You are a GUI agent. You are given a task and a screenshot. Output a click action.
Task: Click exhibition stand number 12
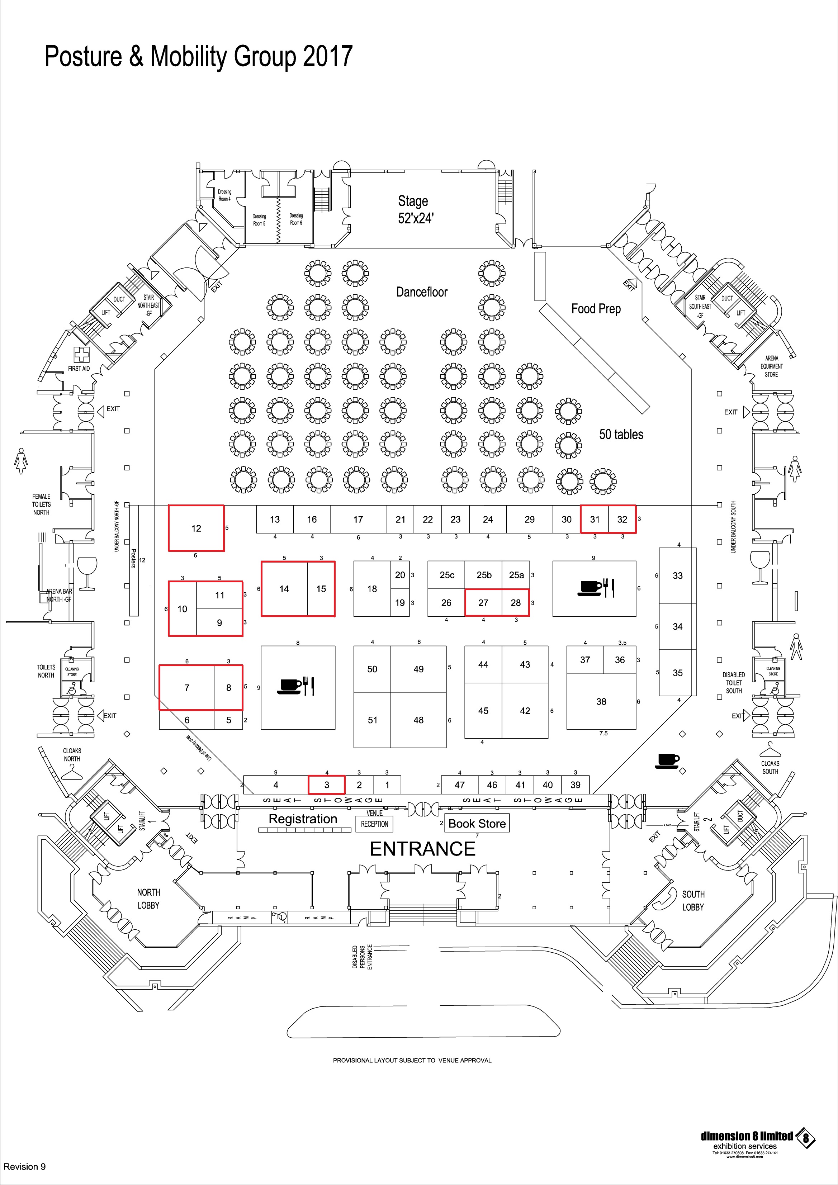[196, 528]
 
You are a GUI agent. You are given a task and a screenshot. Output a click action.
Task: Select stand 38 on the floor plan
[601, 701]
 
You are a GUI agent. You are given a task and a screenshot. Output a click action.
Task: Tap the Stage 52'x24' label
[413, 209]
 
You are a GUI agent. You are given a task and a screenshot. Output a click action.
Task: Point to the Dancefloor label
[422, 292]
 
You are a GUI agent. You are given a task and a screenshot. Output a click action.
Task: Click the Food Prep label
[596, 309]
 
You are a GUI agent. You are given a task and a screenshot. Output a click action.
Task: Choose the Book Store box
[477, 823]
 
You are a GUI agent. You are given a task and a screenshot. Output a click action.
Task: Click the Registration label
[303, 819]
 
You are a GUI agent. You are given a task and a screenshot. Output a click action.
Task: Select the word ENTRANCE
[423, 849]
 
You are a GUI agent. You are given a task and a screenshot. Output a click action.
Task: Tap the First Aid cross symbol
[81, 355]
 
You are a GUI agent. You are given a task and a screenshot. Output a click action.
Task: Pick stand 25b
[483, 575]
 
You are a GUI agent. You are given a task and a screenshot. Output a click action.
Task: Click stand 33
[677, 575]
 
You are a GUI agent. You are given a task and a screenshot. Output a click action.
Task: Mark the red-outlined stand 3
[327, 785]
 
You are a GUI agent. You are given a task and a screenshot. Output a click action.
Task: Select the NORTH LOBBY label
[148, 899]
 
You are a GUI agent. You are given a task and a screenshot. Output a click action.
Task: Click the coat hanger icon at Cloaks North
[72, 771]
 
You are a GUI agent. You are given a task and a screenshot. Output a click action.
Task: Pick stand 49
[418, 669]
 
